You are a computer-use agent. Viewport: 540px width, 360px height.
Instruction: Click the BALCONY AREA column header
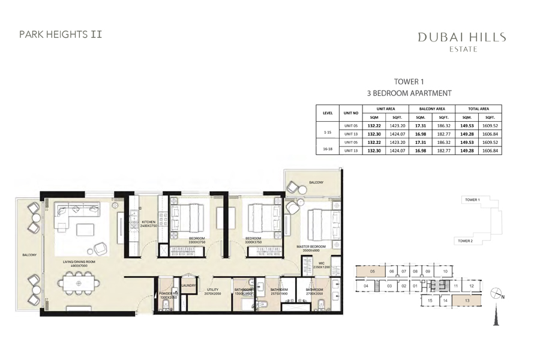coord(431,109)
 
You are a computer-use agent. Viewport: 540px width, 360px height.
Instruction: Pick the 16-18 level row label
coord(328,146)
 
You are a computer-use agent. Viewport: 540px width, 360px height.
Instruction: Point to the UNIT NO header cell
coord(351,113)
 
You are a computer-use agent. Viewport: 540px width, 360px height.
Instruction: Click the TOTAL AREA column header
coord(478,109)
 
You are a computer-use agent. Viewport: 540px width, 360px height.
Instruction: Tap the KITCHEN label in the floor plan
coord(148,223)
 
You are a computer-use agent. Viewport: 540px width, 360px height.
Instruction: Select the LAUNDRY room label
coord(188,286)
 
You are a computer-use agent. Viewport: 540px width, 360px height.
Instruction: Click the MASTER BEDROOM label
coord(311,247)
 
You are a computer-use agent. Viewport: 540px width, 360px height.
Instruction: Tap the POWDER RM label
coord(167,293)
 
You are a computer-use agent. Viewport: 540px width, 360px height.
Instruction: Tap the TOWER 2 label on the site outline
coord(466,240)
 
